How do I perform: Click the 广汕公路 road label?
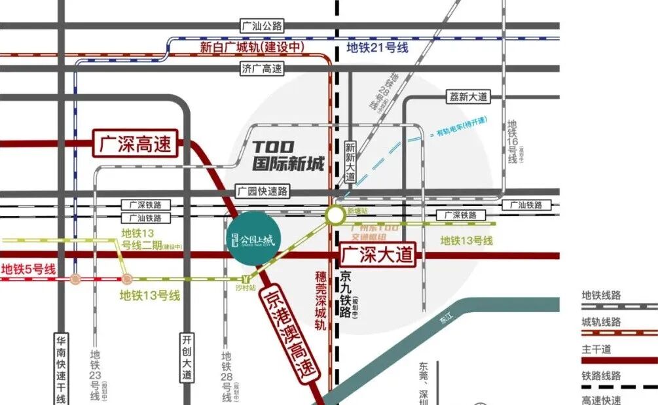point(262,26)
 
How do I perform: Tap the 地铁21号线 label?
point(377,47)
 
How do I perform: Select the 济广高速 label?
point(262,69)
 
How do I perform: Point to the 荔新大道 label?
point(469,97)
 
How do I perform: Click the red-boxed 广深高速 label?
point(136,145)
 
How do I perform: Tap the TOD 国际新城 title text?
point(289,156)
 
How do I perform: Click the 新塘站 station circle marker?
point(335,214)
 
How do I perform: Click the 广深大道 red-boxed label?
point(378,255)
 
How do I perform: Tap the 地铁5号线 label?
point(29,269)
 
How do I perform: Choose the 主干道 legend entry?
point(596,349)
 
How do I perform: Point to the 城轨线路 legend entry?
point(601,322)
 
